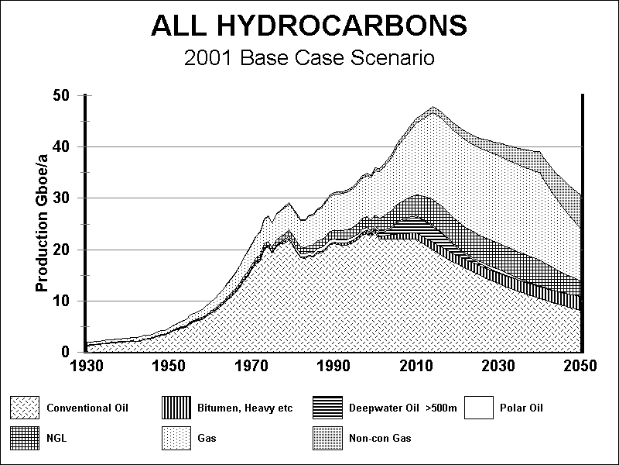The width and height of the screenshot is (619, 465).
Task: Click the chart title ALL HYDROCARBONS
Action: tap(309, 26)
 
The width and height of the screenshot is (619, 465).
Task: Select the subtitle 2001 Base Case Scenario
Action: tap(309, 58)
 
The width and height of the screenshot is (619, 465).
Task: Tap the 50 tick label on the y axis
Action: tap(63, 95)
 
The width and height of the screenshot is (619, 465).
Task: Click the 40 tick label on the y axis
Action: tap(63, 147)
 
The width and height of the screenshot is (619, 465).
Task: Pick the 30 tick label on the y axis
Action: tap(63, 198)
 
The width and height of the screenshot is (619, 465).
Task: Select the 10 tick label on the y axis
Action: tap(63, 301)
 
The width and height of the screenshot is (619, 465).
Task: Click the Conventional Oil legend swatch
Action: tap(24, 408)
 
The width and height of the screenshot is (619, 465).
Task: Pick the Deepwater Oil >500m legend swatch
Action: tap(330, 408)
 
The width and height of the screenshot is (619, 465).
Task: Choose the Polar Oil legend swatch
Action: tap(480, 408)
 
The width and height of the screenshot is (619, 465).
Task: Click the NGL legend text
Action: tap(56, 439)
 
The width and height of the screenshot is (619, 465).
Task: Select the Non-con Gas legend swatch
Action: tap(330, 439)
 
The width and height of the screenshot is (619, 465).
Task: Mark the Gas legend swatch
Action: tap(176, 439)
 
